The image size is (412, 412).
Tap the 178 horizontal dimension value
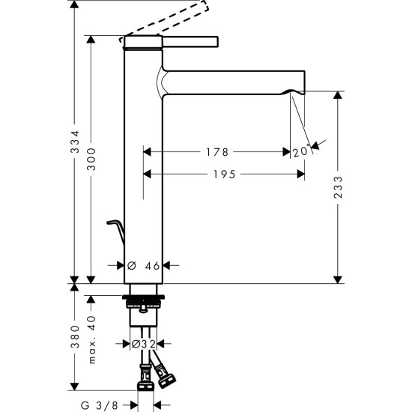tap(216, 152)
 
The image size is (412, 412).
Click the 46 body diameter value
tap(152, 265)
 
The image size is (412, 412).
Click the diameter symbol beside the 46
tap(131, 265)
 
